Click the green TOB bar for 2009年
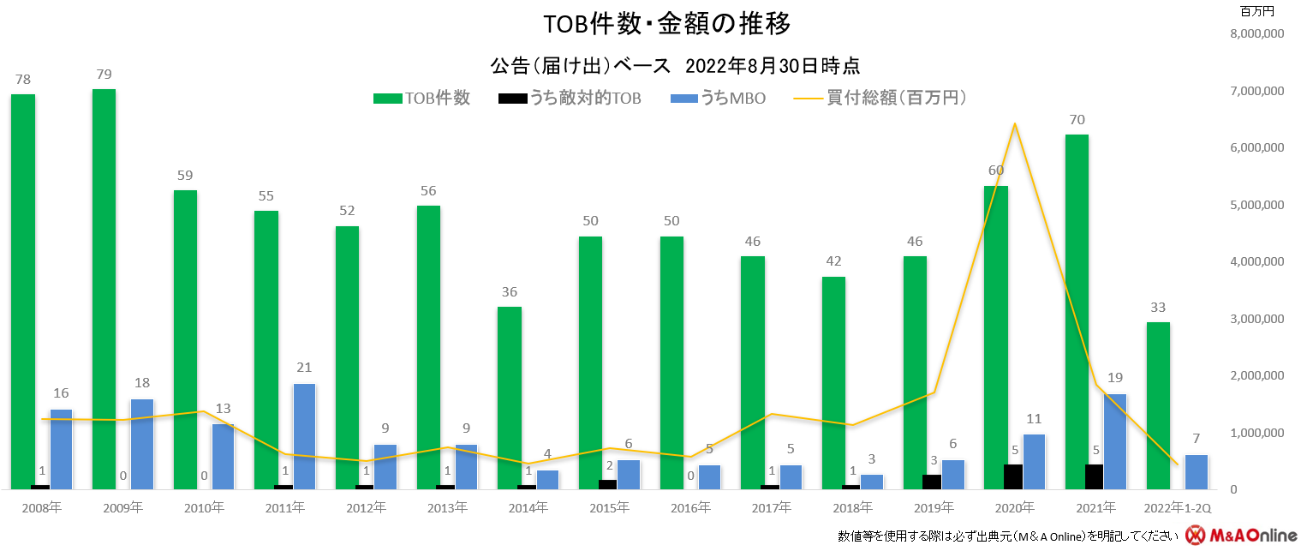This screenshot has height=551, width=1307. [104, 289]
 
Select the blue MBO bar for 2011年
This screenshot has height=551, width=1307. [305, 436]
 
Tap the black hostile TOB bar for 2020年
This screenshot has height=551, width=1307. [1013, 476]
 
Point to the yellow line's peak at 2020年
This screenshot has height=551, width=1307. [1014, 124]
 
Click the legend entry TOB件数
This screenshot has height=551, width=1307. [422, 98]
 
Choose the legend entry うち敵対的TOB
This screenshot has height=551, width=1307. [570, 98]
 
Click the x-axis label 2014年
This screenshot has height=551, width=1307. [528, 507]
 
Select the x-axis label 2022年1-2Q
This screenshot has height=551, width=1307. [1178, 507]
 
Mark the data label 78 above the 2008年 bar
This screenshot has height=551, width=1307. [23, 79]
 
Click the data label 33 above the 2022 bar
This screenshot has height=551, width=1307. [1158, 307]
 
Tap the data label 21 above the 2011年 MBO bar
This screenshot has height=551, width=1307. [305, 368]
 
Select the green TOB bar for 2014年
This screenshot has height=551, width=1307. [510, 398]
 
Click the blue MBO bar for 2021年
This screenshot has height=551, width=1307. [1114, 441]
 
